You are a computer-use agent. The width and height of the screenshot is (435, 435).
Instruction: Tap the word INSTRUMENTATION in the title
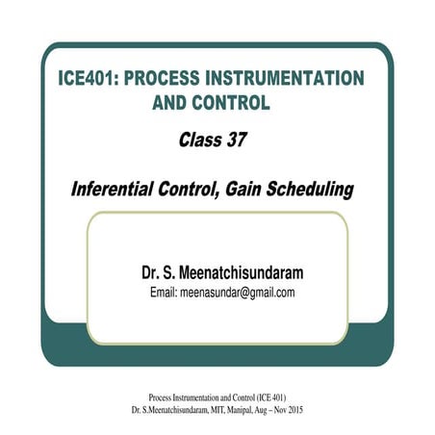(x=294, y=77)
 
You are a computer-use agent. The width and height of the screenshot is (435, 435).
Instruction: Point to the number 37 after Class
(x=235, y=141)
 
